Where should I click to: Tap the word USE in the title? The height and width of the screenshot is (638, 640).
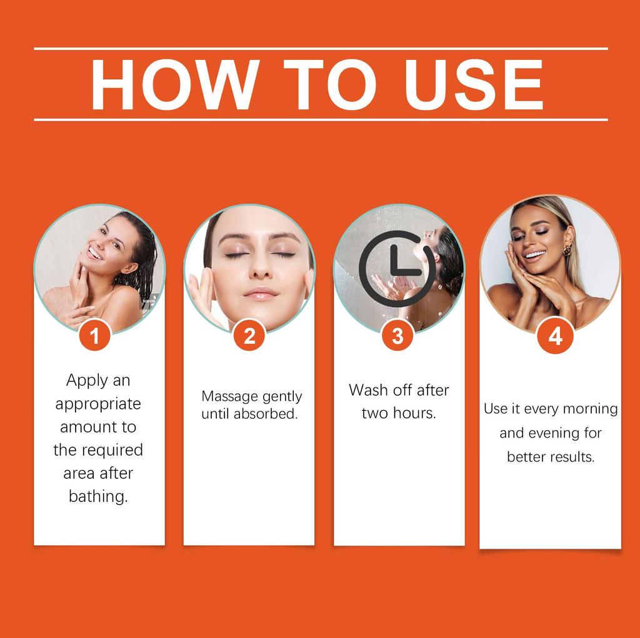click(473, 84)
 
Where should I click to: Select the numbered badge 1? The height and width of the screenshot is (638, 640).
click(94, 336)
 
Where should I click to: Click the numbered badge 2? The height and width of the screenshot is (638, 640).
click(249, 336)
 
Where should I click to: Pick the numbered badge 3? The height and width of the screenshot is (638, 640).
click(397, 336)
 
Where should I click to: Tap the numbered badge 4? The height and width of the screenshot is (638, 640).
click(555, 336)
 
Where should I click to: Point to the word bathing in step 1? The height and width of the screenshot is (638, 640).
click(97, 497)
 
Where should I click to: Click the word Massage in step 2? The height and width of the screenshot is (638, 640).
click(229, 396)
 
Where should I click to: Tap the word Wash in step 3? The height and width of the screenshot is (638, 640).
click(365, 390)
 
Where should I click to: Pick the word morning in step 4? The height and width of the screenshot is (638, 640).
click(590, 409)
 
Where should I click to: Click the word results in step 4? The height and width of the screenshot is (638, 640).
click(572, 457)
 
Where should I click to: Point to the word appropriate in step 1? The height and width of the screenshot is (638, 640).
click(98, 404)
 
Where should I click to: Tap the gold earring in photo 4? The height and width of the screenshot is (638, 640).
click(567, 250)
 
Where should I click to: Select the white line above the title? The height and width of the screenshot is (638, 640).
click(320, 48)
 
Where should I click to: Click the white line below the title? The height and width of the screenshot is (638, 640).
click(320, 119)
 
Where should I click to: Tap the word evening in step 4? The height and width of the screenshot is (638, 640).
click(556, 433)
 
